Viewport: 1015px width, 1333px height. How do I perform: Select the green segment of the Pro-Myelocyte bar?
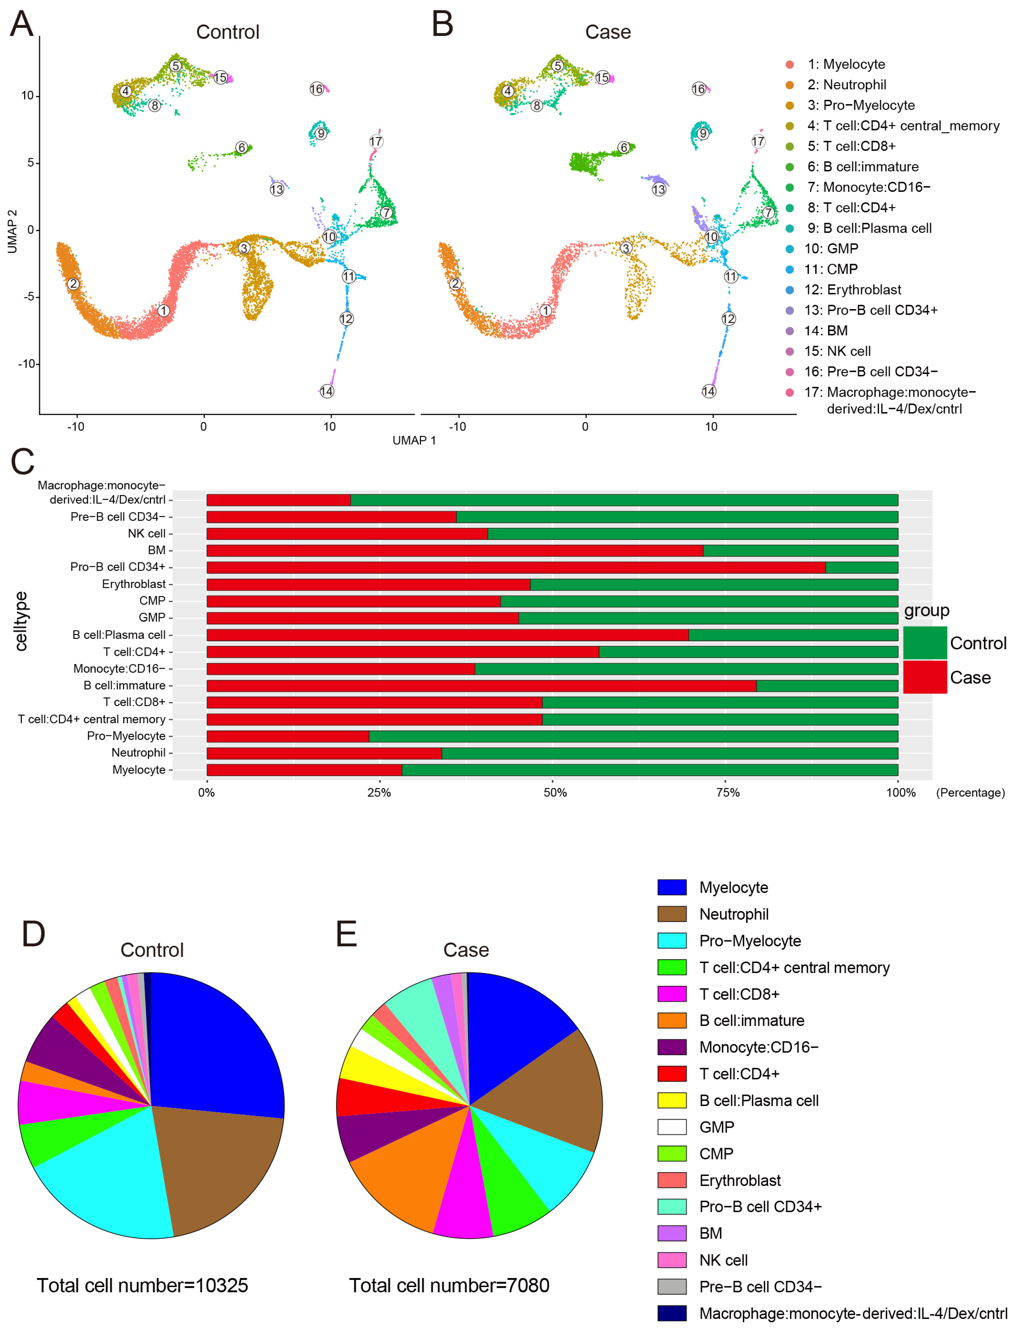(x=631, y=736)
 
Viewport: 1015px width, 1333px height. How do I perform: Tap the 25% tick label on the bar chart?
(x=379, y=792)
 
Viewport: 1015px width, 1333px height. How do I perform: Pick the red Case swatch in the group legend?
(x=924, y=677)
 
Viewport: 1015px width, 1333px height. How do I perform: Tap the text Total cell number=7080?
(x=449, y=1285)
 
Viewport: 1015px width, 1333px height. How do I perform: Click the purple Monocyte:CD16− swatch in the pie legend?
(x=672, y=1047)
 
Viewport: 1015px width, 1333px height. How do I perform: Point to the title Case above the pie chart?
(x=466, y=950)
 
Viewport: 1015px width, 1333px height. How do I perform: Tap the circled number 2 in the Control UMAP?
(x=73, y=283)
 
